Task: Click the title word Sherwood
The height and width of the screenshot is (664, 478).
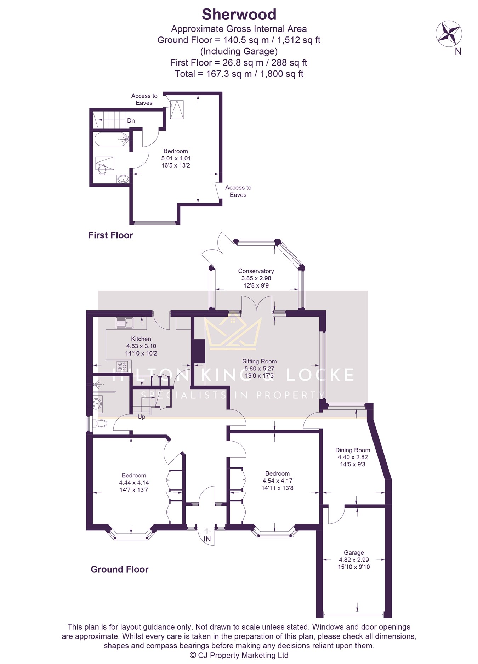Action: coord(239,15)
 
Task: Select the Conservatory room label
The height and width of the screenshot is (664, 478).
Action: coord(256,271)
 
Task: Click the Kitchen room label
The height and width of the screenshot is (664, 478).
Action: coord(141,339)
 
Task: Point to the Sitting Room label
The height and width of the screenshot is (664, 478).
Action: coord(260,361)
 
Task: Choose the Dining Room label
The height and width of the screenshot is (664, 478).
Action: coord(353,450)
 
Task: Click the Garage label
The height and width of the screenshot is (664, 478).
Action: coord(354,552)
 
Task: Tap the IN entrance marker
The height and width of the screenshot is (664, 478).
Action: coord(207,539)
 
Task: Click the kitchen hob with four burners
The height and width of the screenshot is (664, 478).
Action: coord(122,366)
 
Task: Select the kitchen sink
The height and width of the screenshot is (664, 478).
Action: coord(124,323)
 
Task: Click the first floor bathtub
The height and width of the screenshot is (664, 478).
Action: coord(112,140)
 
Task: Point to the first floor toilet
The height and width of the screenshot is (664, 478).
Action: coord(102,169)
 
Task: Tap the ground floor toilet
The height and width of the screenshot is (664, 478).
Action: coord(100,423)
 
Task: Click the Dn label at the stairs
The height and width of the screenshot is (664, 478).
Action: coord(131,121)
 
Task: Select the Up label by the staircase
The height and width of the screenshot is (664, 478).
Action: coord(141,417)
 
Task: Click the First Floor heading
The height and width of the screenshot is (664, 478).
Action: coord(110,235)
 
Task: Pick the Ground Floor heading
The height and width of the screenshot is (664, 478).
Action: coord(120,569)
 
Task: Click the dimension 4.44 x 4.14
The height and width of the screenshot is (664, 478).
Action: coord(134,483)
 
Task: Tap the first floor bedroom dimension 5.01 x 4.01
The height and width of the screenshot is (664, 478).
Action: coord(176,158)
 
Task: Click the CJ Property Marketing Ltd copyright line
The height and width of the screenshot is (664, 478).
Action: coord(239,655)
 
